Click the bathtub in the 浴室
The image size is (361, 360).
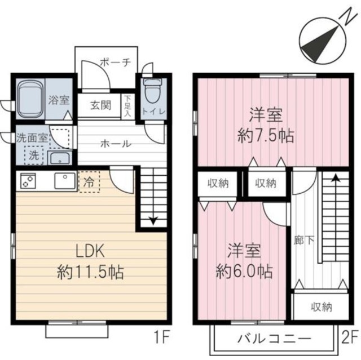(x=30, y=99)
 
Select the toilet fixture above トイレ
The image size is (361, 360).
(x=153, y=91)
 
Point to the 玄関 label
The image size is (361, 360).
(x=102, y=105)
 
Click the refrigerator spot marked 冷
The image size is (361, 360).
(x=89, y=181)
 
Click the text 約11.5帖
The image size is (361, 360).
(x=90, y=274)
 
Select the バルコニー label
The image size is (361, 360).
(x=273, y=340)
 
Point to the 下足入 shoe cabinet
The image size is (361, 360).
(x=127, y=105)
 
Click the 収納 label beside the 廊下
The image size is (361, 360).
(x=320, y=307)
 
